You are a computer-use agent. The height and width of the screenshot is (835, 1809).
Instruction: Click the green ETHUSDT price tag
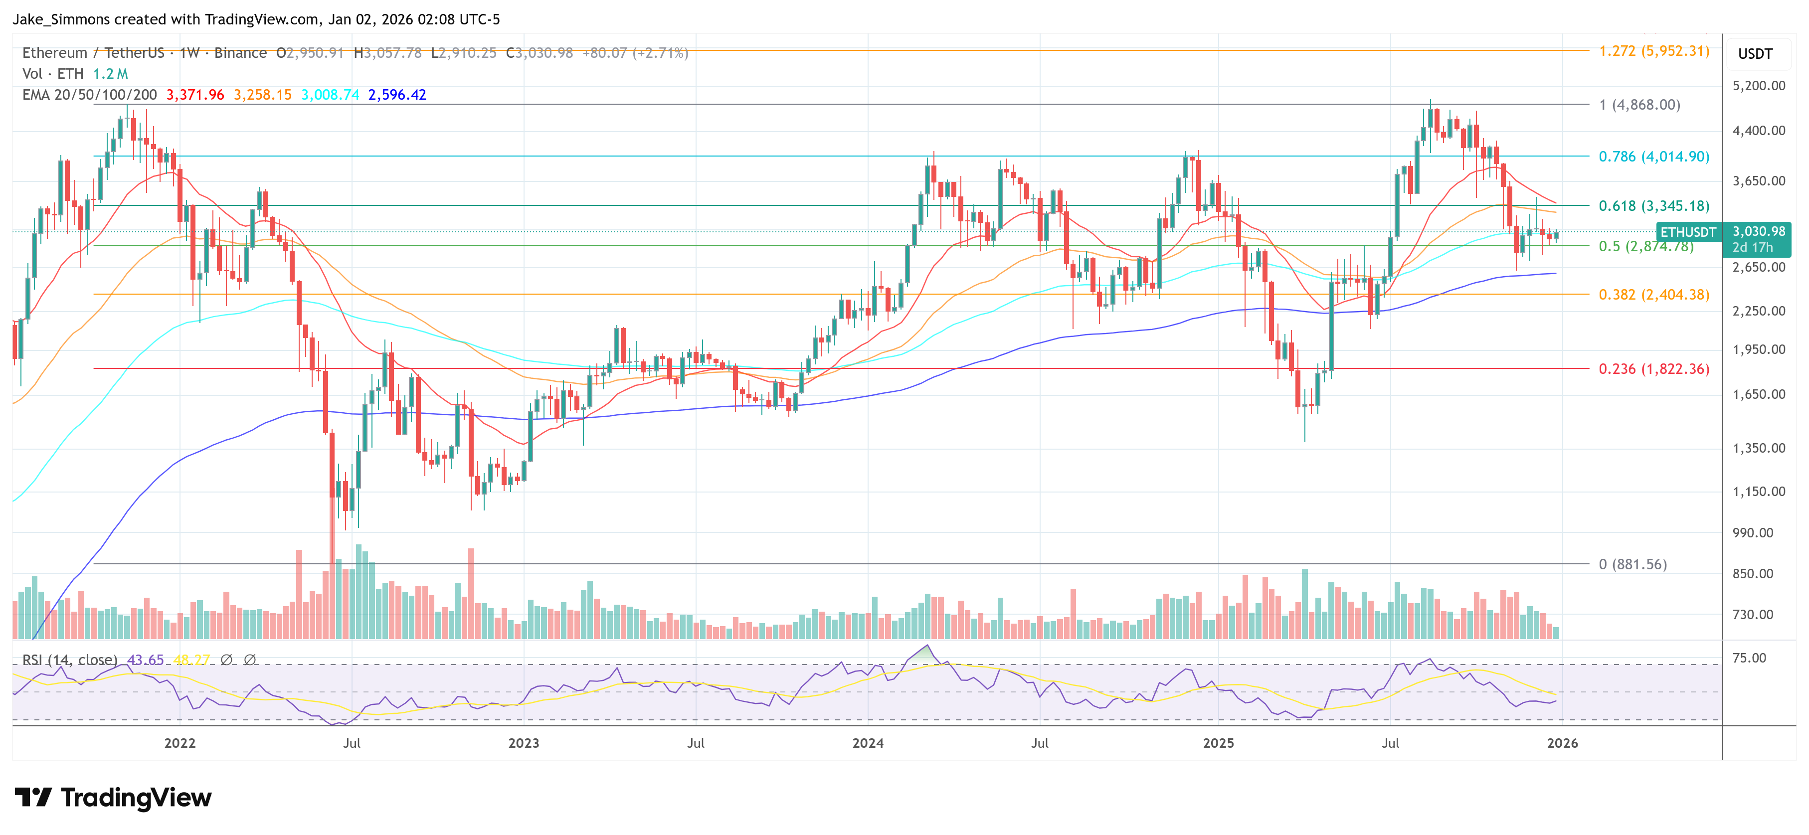(x=1687, y=232)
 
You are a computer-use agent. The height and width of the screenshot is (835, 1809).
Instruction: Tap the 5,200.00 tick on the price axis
(x=1759, y=86)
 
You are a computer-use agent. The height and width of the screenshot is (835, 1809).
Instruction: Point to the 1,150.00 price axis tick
(x=1759, y=492)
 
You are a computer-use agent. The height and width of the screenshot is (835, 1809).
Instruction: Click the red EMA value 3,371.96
(x=194, y=95)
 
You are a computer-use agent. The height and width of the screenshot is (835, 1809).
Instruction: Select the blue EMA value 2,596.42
(x=397, y=95)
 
